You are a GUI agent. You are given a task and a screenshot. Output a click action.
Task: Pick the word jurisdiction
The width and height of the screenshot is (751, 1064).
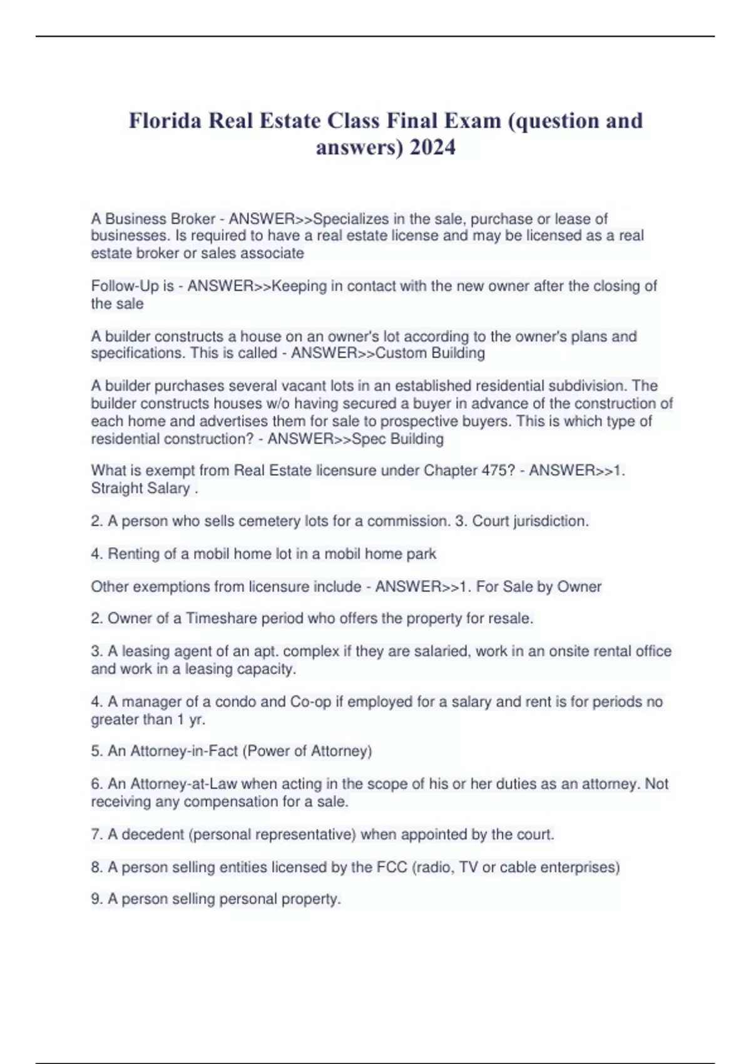tap(551, 521)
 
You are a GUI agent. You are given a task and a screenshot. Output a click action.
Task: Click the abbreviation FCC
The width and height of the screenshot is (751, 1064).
tap(392, 867)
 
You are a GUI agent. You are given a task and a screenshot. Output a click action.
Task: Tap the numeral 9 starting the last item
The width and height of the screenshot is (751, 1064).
tap(96, 899)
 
